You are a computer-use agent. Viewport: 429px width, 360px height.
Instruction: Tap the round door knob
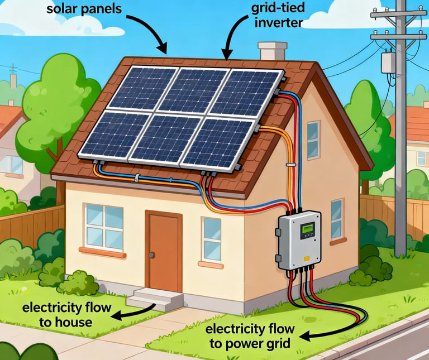151,255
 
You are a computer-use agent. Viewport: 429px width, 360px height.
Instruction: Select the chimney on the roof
273,51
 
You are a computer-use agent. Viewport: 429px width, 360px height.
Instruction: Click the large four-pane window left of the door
104,227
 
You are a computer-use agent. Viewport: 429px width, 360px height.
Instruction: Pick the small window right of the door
212,239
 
